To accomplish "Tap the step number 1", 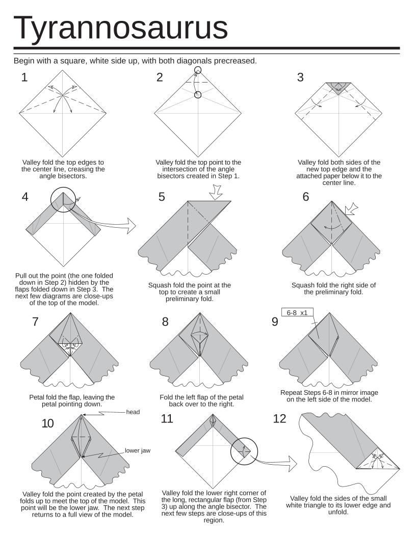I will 23,77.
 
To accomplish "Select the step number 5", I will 162,197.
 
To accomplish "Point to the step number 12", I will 280,419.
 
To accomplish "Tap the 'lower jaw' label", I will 138,451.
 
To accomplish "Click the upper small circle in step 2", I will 198,70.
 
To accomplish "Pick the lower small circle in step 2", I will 198,95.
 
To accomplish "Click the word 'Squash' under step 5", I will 159,285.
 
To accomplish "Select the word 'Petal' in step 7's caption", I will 39,397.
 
